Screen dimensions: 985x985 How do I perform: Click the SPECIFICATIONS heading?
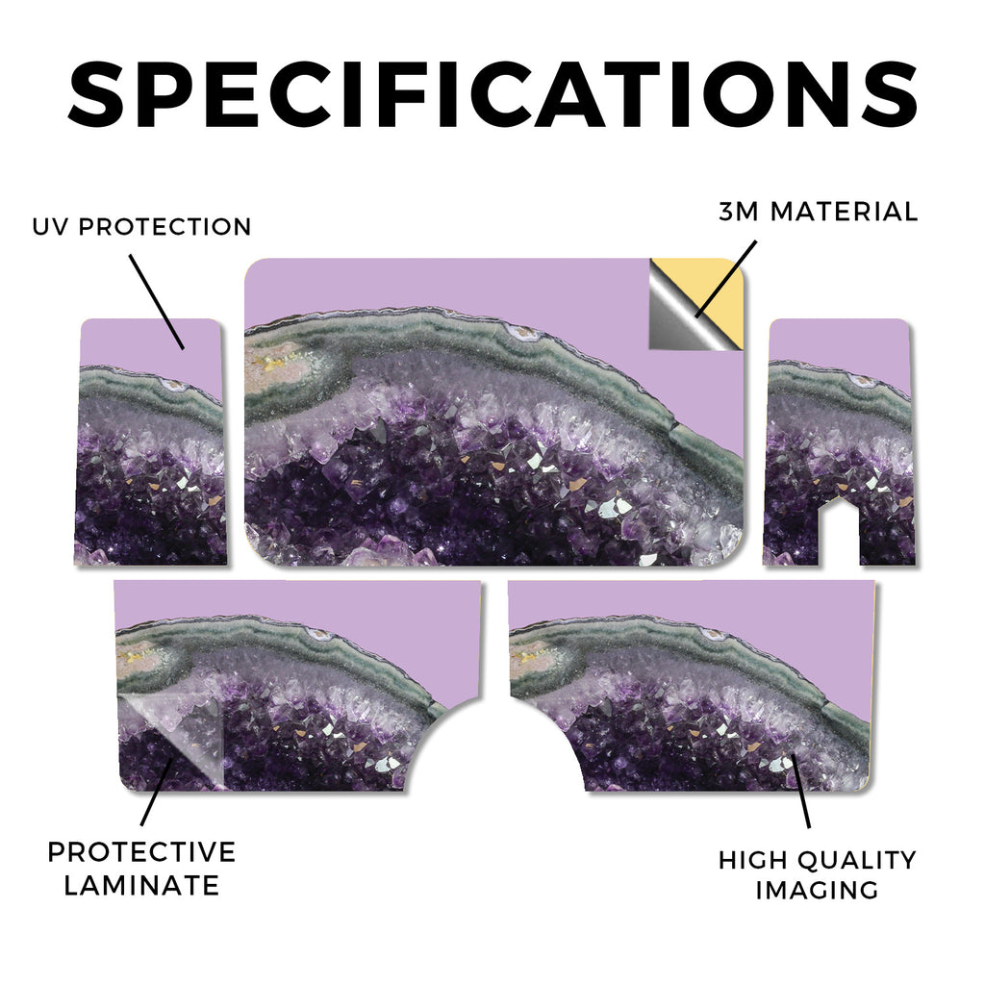point(492,94)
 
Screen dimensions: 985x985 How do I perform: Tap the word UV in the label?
point(50,227)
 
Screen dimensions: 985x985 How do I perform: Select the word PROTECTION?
point(164,227)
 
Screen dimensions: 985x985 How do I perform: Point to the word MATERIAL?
point(845,212)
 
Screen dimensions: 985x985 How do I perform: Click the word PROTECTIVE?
point(142,852)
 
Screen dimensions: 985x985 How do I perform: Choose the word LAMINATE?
point(142,886)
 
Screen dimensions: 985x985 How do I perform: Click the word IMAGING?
point(818,890)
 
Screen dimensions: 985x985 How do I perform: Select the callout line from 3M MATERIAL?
point(726,280)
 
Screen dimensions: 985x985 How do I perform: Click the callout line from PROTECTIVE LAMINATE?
point(157,792)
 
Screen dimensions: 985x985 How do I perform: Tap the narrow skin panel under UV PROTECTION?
point(150,442)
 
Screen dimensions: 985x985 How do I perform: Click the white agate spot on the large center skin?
point(524,334)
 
